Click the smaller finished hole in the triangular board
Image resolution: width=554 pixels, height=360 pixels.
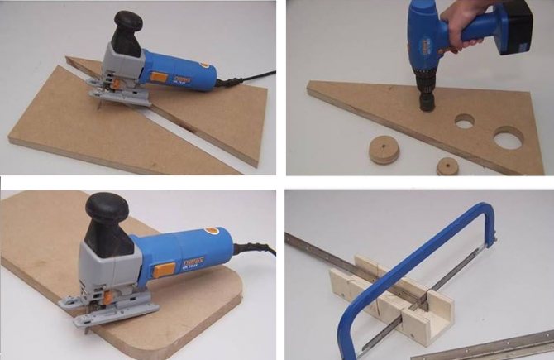[465, 122]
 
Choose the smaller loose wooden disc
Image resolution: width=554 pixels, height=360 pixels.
[447, 165]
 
